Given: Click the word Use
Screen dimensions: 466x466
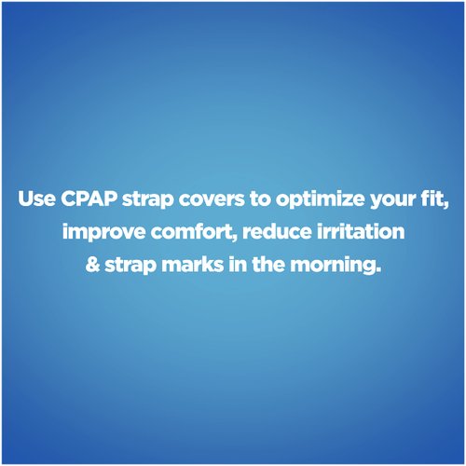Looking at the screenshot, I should (x=34, y=199).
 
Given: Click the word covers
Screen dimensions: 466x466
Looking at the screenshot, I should (x=202, y=199).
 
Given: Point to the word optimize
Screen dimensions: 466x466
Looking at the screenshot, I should (x=306, y=199).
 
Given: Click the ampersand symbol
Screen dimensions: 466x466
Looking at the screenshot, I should (x=91, y=266).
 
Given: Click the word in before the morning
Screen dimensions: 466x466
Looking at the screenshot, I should (x=239, y=266).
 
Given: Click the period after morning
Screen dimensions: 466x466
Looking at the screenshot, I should (x=380, y=271).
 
